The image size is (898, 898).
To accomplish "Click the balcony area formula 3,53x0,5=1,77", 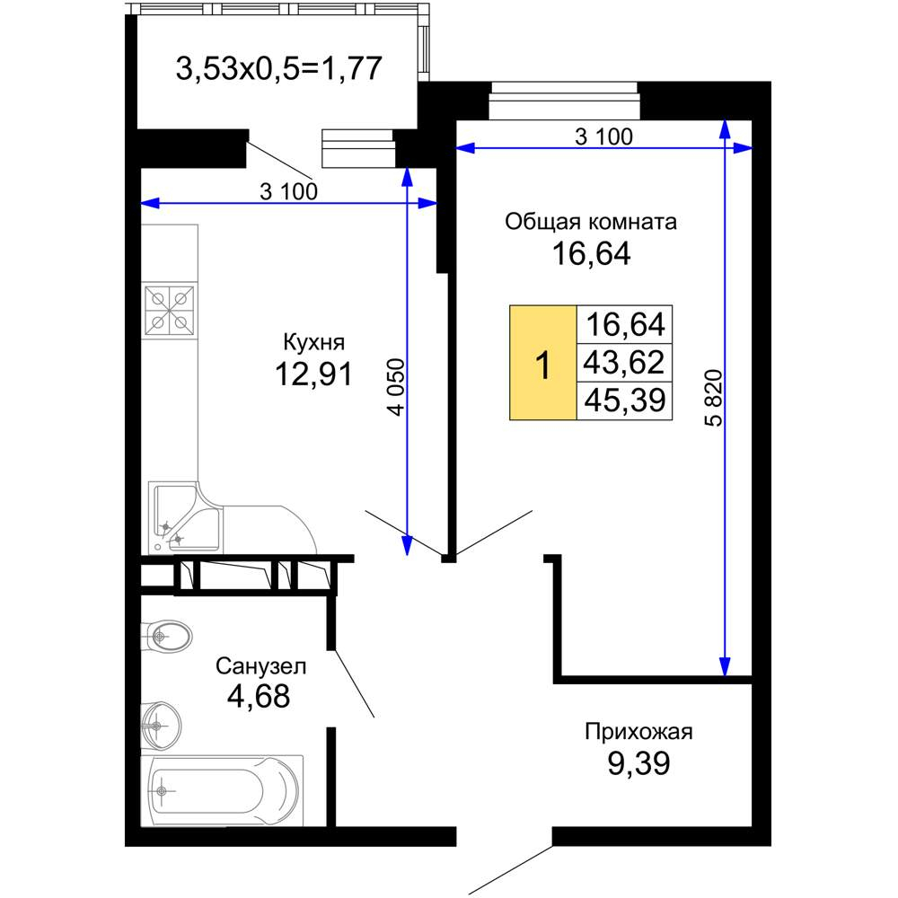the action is (278, 69).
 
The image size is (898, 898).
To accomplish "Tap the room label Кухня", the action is (313, 342).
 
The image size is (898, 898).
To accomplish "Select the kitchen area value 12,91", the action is (313, 374).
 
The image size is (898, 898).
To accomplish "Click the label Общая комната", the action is (591, 221).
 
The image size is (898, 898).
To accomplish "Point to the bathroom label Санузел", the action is (260, 666).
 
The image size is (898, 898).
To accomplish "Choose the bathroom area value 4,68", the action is (259, 697).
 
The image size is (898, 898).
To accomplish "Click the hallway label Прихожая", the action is (638, 732).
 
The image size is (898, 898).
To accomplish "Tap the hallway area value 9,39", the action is (638, 763).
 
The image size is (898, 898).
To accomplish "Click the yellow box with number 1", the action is (543, 363).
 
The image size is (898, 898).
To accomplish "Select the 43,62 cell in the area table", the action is (624, 363).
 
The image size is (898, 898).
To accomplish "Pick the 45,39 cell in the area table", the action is (624, 401).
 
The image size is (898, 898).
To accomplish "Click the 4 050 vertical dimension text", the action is (396, 386).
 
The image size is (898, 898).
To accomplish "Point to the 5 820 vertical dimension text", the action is (714, 398).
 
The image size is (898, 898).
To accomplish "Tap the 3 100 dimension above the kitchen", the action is (288, 191).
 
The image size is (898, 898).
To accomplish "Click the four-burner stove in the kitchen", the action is (170, 311).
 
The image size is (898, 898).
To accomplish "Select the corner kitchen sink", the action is (184, 518).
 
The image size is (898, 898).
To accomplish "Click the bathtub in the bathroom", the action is (222, 791).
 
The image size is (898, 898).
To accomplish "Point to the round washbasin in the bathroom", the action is (161, 726).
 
